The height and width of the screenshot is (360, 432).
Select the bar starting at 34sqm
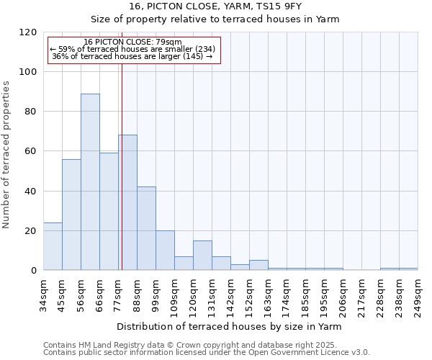(x=53, y=246)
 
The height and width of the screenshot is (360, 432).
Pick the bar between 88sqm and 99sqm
(x=146, y=228)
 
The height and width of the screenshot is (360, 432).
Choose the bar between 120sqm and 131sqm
(x=202, y=255)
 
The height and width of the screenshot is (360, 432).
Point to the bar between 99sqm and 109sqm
(x=165, y=250)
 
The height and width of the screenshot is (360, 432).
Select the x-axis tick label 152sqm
(x=249, y=294)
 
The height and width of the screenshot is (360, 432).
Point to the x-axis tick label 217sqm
(x=361, y=294)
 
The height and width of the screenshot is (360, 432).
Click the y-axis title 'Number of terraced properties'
(x=7, y=154)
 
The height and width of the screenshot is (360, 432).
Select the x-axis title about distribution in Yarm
(x=228, y=326)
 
